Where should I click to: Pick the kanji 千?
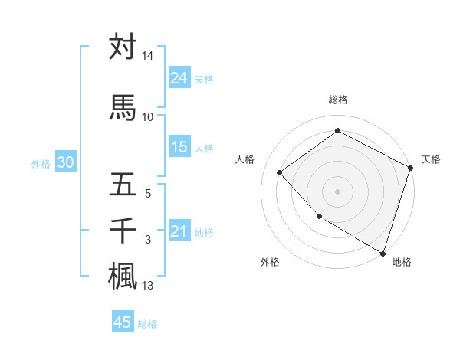(123, 230)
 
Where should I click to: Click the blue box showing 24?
(179, 77)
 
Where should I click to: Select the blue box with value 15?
(179, 147)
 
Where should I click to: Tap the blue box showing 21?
(179, 231)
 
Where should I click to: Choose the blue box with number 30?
(65, 162)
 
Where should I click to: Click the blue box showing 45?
(123, 322)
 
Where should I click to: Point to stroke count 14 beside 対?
(147, 56)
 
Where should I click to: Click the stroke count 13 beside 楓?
(147, 286)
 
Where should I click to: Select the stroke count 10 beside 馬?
(147, 116)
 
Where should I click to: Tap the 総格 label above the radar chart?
(338, 100)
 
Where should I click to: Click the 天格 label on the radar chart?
(431, 159)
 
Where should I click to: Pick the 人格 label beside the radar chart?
(245, 159)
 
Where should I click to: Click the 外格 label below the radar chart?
(270, 262)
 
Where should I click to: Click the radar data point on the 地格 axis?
(383, 252)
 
